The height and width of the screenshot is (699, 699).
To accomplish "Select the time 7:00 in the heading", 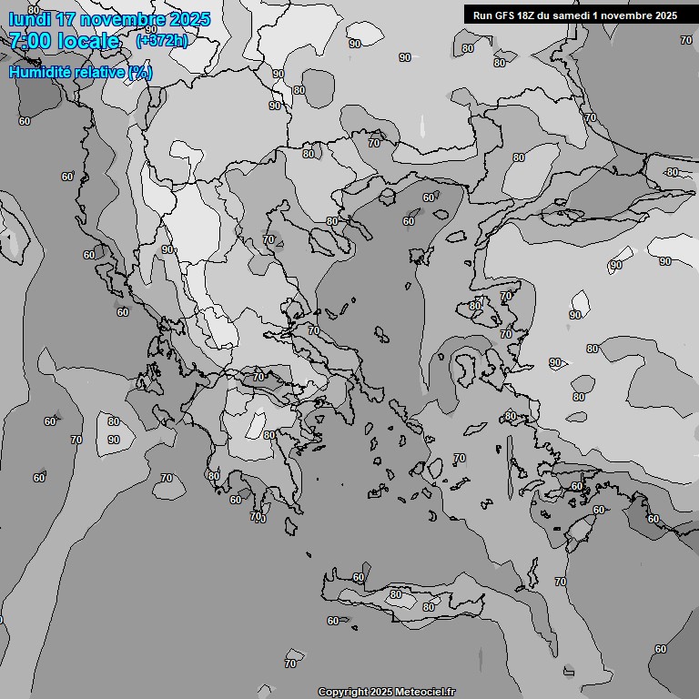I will tap(29, 41).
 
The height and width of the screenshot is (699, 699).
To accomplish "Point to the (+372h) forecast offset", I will tap(161, 40).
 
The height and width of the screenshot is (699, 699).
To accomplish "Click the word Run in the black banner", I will tap(483, 15).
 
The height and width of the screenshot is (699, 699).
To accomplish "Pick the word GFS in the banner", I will tap(507, 15).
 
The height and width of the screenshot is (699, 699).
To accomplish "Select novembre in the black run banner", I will tap(631, 15).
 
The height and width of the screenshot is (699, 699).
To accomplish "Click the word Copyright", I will tap(342, 693).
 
